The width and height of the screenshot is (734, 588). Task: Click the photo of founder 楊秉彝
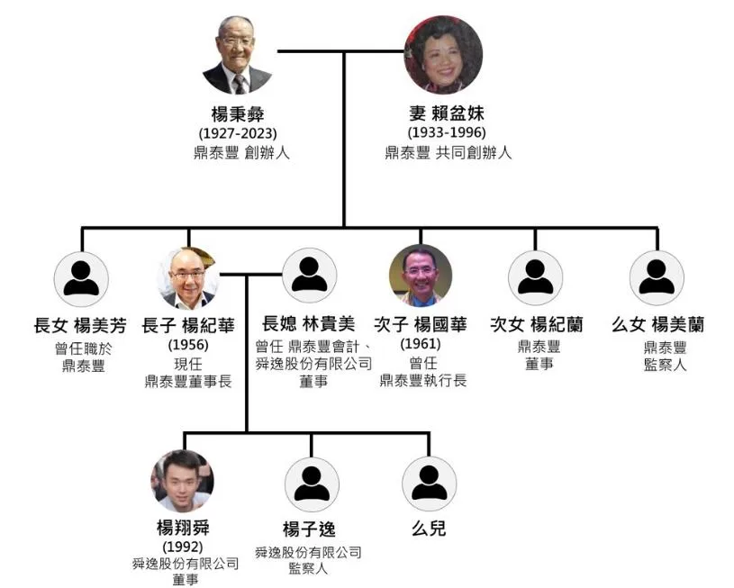[x=237, y=56]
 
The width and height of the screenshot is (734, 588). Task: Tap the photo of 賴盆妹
[x=442, y=56]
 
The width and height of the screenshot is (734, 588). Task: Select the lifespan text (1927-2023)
[x=237, y=134]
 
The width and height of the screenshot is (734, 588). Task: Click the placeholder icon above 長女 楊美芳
[x=82, y=278]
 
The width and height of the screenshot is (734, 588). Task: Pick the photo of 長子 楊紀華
[x=188, y=278]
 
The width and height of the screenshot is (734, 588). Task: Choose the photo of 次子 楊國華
[x=421, y=276]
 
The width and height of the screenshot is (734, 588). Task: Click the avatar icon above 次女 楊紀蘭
[x=535, y=278]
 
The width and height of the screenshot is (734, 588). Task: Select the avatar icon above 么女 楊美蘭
[x=657, y=278]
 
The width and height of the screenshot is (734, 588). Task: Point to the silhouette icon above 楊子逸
[x=312, y=484]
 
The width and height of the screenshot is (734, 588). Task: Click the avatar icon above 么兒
[x=430, y=484]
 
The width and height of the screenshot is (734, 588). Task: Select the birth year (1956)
[x=188, y=345]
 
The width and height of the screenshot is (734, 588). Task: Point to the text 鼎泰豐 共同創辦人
[x=448, y=153]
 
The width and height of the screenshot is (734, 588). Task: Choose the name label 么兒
[x=429, y=529]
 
